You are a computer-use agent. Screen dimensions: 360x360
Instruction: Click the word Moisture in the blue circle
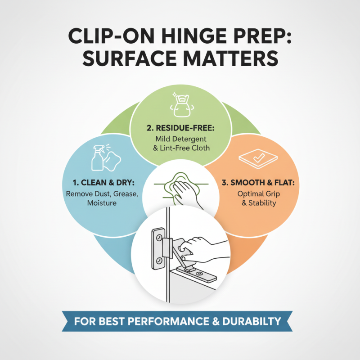(102, 203)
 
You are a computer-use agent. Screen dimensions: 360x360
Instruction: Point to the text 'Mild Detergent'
(180, 139)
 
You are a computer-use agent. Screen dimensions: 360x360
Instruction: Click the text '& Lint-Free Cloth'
(180, 148)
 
